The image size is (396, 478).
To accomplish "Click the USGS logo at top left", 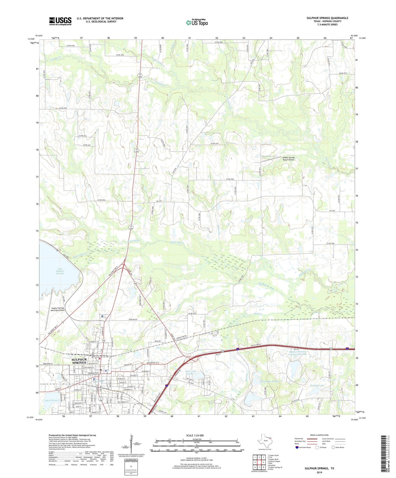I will click(60, 21).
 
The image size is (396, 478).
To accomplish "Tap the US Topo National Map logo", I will click(197, 22).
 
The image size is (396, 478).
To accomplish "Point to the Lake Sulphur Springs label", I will click(60, 271).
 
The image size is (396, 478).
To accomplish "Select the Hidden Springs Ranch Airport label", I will click(289, 159).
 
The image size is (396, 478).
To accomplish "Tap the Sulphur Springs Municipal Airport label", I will click(58, 309).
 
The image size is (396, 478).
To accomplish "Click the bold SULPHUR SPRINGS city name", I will click(79, 361).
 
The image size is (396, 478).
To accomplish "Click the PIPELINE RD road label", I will click(134, 319).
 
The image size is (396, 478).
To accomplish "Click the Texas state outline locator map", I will click(264, 442).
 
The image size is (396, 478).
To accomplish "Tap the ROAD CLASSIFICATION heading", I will click(319, 435).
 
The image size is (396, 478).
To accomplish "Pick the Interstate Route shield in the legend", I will click(297, 447).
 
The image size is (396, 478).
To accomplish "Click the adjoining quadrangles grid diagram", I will click(259, 462).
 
